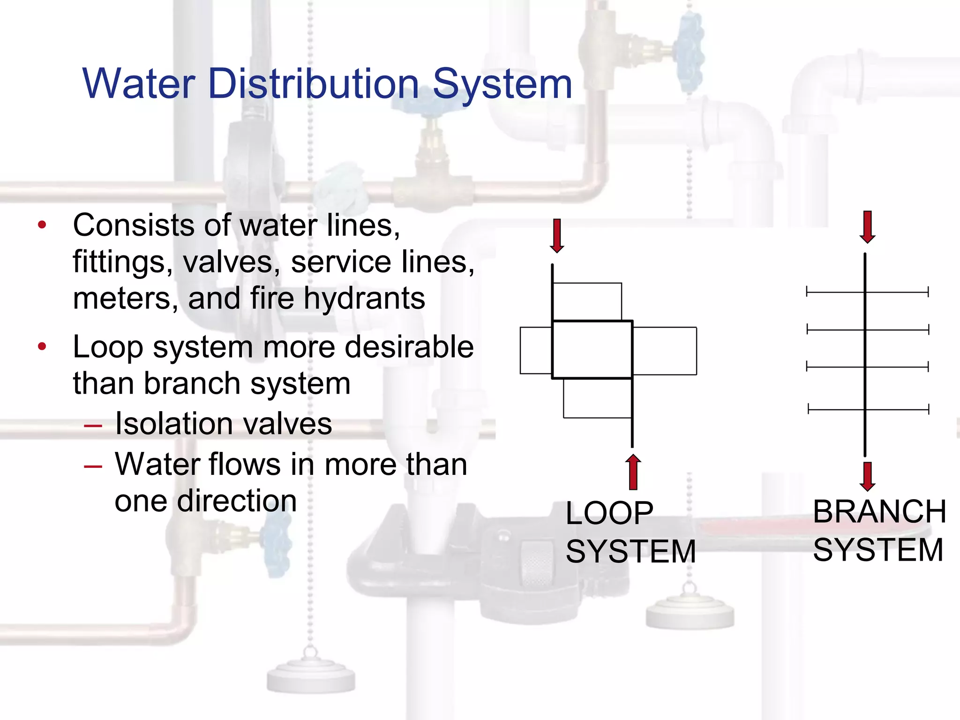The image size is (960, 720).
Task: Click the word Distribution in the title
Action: (314, 84)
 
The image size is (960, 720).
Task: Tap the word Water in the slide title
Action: (139, 84)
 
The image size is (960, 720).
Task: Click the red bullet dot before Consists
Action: (42, 225)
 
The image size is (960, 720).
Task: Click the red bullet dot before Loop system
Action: (42, 347)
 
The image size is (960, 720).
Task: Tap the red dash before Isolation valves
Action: (93, 426)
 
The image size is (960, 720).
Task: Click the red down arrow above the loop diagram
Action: (557, 236)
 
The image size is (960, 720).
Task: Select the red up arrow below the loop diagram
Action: (633, 472)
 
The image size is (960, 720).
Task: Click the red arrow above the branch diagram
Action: (868, 227)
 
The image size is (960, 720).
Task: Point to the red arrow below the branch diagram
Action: (868, 476)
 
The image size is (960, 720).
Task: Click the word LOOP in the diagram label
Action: (609, 513)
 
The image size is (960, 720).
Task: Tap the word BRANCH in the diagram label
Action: (879, 511)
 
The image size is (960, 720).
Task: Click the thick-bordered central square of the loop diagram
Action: (592, 350)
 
